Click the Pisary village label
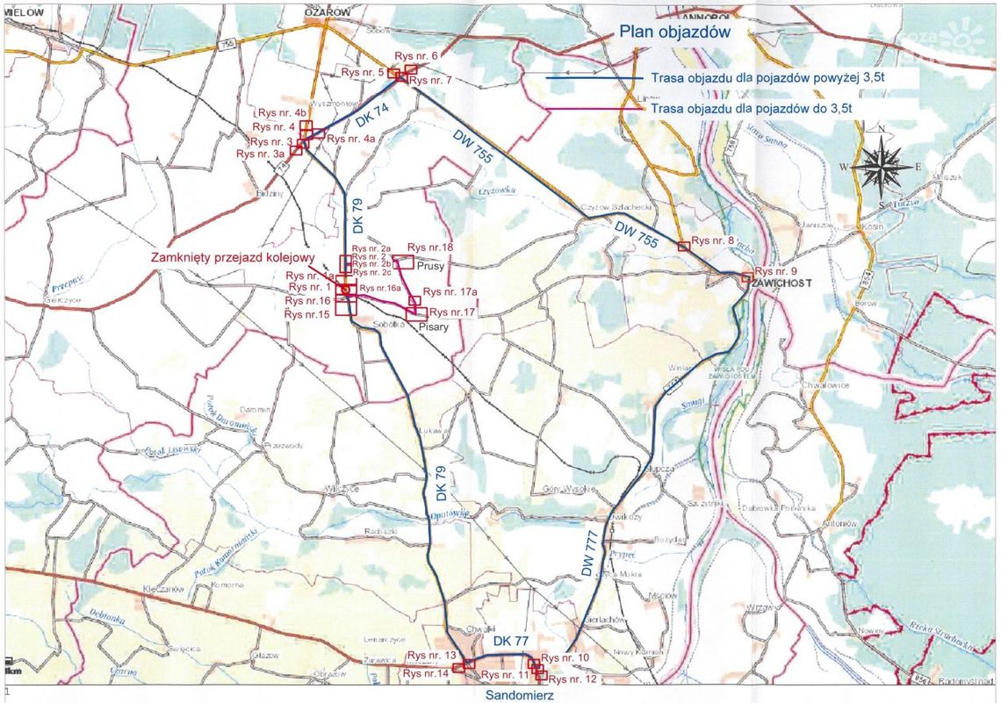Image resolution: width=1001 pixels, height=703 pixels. [435, 326]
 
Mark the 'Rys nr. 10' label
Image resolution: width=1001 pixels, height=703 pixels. [568, 657]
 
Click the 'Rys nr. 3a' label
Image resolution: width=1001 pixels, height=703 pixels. [261, 154]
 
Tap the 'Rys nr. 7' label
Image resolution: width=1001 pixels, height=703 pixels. [430, 81]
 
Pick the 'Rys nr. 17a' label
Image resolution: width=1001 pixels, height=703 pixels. [450, 291]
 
